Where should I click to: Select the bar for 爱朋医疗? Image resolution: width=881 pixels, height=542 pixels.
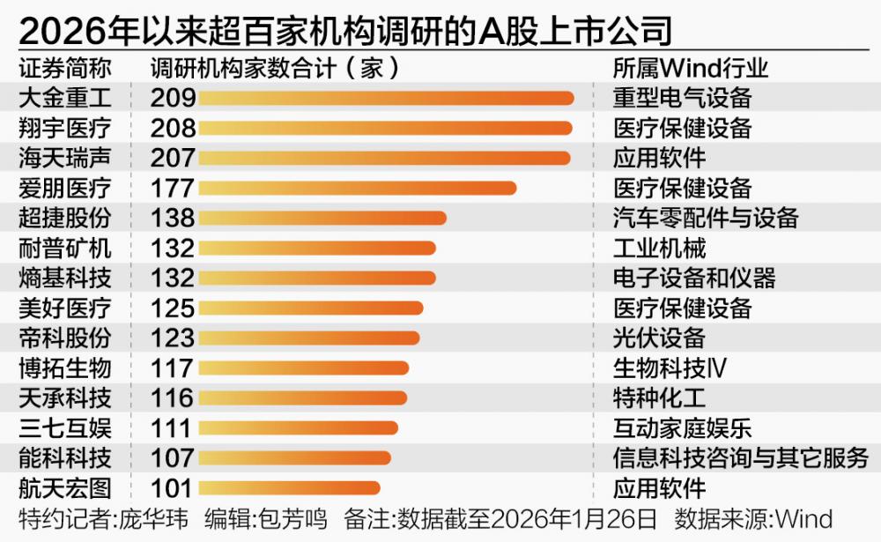357,188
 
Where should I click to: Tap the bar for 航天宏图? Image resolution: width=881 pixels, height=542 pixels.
289,487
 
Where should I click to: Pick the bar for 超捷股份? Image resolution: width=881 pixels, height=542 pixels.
322,218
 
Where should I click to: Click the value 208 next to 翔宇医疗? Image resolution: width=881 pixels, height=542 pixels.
173,128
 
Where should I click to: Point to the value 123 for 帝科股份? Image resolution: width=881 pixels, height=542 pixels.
173,338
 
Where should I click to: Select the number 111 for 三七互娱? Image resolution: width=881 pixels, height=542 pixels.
173,427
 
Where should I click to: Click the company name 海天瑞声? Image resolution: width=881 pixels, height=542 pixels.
65,158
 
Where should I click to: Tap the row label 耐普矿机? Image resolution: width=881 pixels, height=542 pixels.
65,248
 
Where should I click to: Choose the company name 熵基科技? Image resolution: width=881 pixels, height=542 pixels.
65,278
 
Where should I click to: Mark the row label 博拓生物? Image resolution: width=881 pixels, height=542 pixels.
65,368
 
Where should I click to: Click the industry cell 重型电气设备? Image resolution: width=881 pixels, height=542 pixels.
682,98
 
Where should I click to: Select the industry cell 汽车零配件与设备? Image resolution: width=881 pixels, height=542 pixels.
706,218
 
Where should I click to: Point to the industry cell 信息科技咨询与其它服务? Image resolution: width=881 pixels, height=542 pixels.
740,457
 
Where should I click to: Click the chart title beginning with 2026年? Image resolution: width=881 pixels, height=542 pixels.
344,31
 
